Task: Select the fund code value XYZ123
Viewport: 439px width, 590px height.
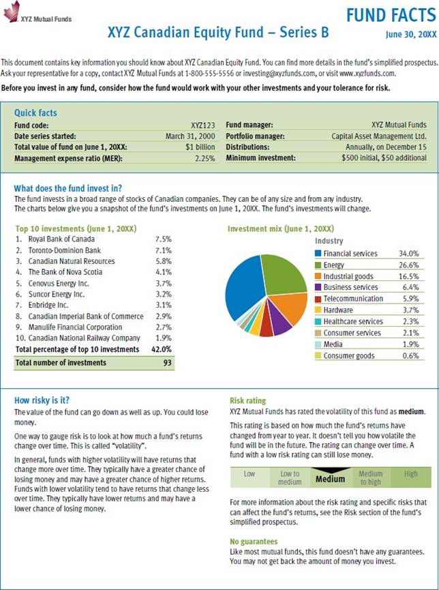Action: point(202,125)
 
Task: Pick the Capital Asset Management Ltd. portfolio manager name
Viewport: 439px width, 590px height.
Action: point(378,136)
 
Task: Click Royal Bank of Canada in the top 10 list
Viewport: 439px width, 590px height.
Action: point(61,239)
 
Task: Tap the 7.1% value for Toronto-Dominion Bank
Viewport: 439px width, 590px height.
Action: point(163,250)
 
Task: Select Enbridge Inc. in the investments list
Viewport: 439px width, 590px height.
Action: point(48,305)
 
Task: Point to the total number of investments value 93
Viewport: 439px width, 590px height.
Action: point(166,364)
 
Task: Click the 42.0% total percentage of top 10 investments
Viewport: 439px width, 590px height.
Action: point(161,349)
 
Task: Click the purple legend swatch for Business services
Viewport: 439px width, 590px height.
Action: point(318,287)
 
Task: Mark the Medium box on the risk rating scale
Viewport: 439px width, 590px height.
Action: point(330,479)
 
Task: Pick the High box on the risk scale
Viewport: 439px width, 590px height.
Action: point(410,474)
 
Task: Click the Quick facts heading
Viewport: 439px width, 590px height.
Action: point(35,113)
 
